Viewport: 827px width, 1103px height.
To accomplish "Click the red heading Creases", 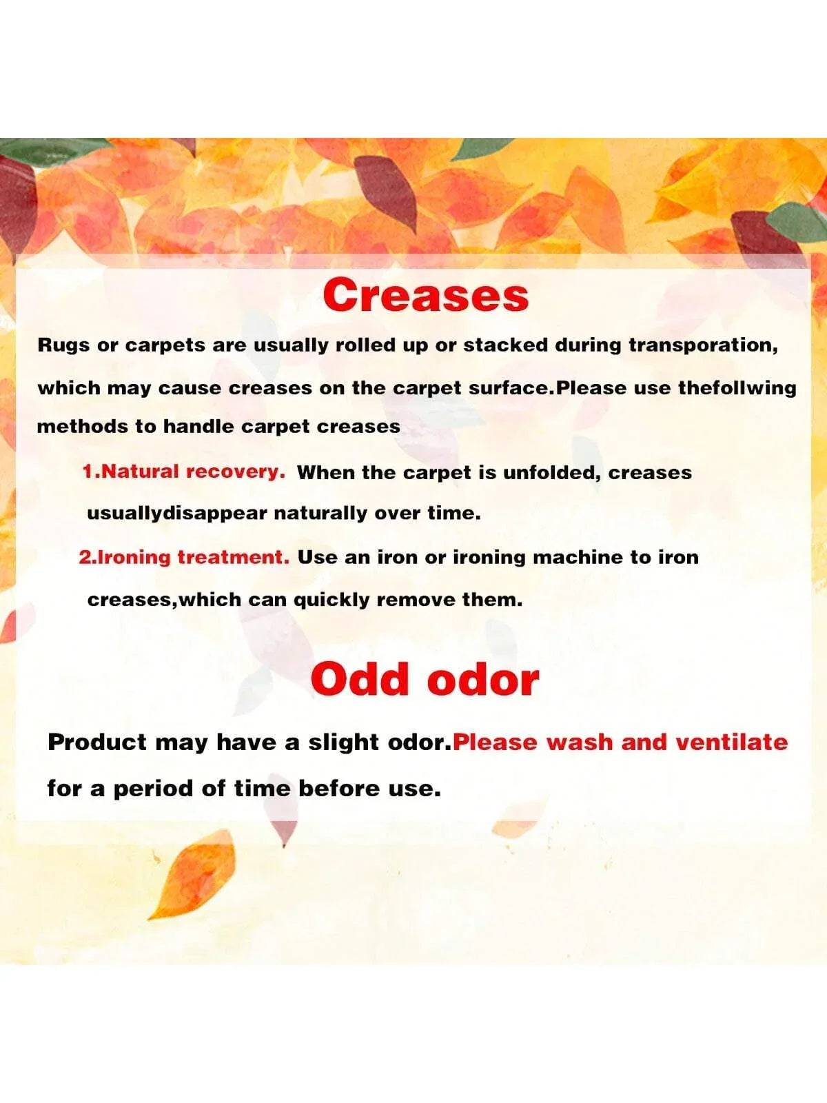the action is (426, 295).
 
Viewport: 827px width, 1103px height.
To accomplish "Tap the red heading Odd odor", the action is (425, 680).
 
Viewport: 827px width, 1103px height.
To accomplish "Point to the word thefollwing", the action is (737, 388).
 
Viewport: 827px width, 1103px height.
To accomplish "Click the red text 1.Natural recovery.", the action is (184, 472).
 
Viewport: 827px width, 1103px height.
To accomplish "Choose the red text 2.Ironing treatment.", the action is (184, 557).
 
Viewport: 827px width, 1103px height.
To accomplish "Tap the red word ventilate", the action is (732, 742).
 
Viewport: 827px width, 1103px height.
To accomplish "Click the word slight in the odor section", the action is (342, 742).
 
